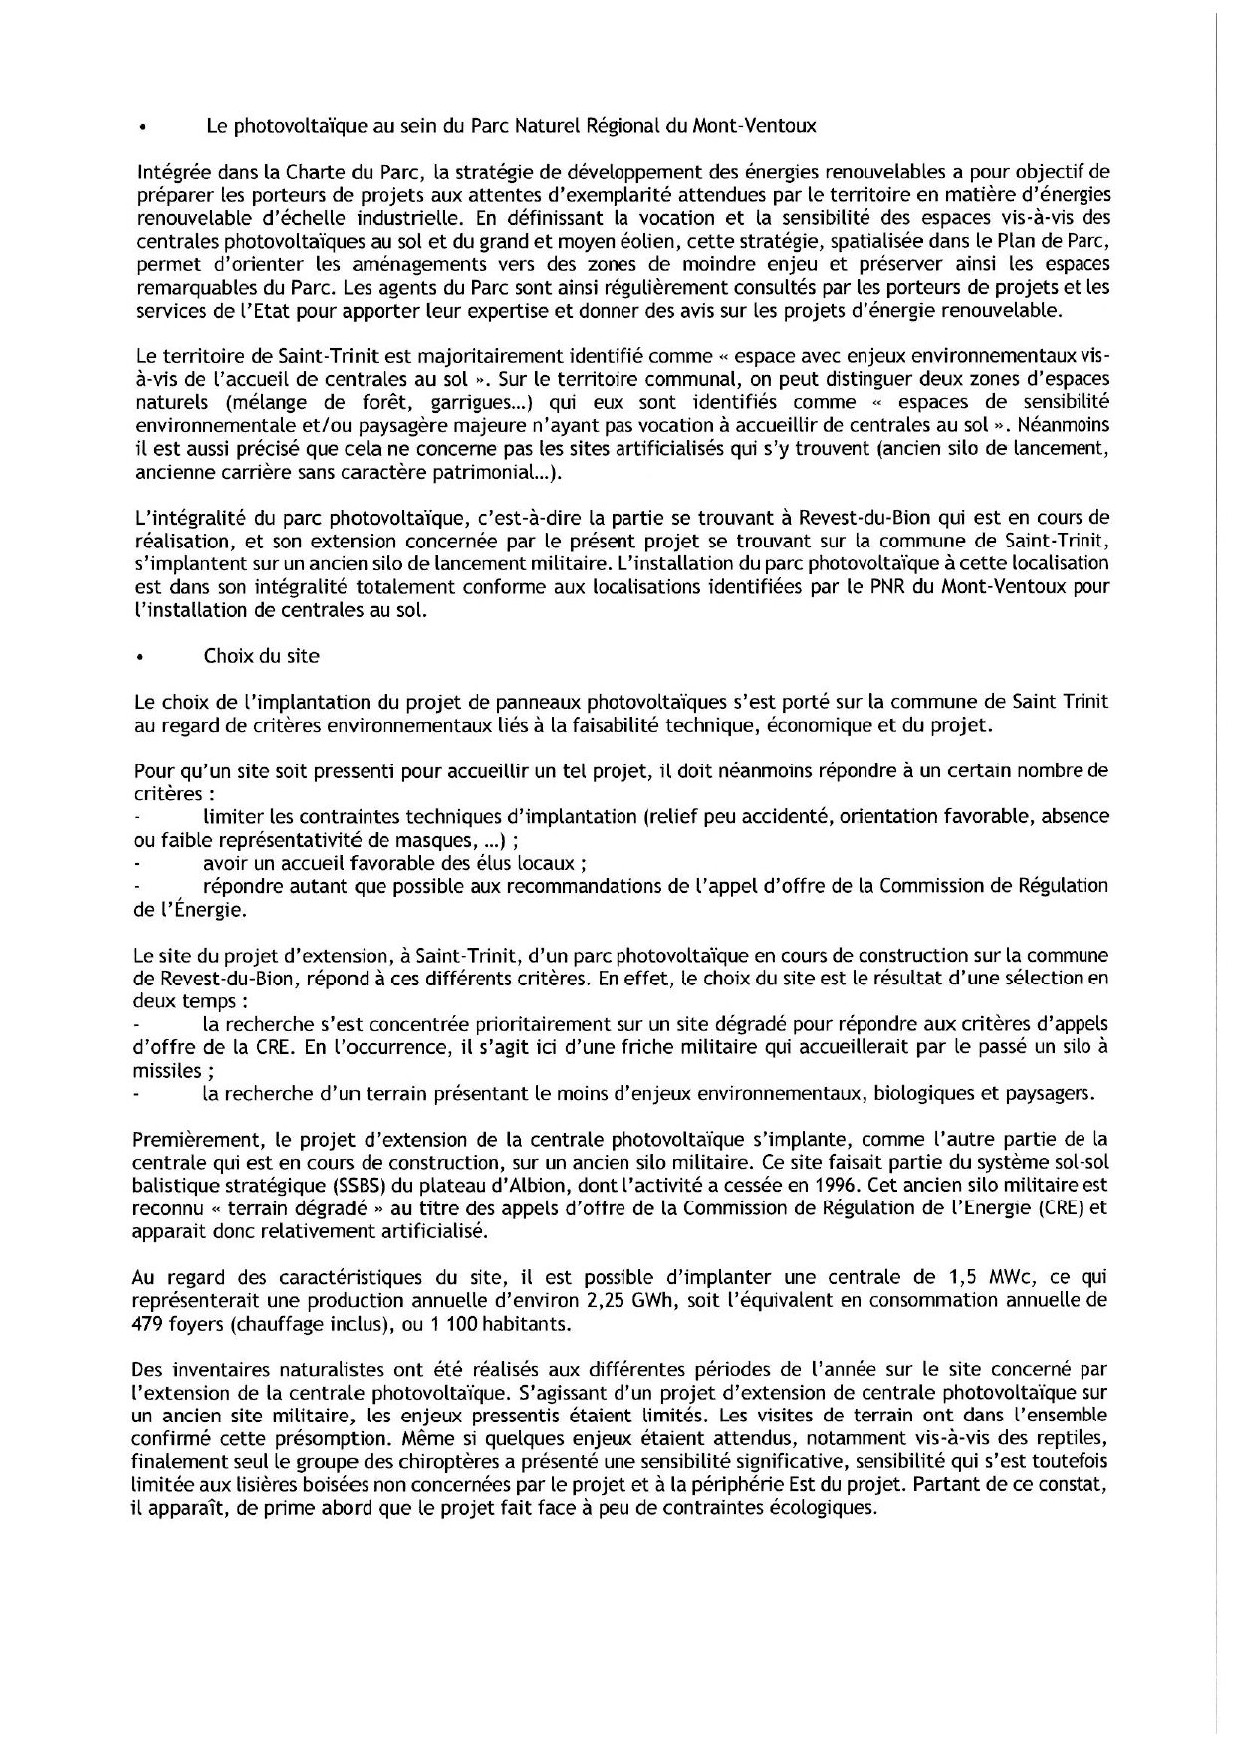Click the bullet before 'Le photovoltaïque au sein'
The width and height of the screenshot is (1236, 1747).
click(x=143, y=128)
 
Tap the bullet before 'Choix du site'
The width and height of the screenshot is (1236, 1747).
click(x=143, y=657)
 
